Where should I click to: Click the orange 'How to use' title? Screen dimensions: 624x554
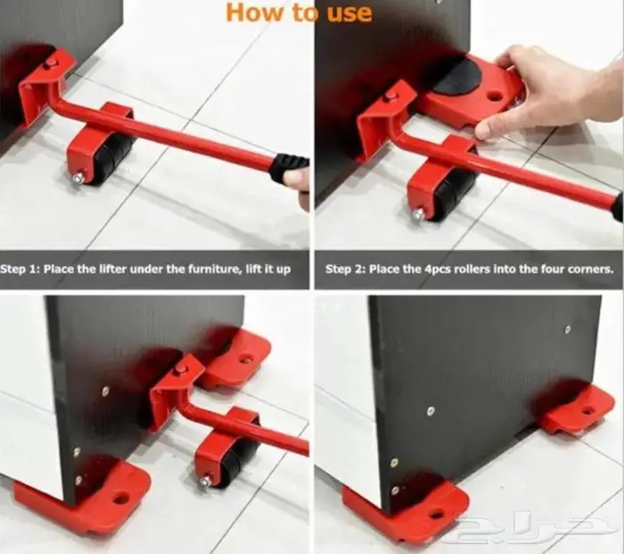point(299,12)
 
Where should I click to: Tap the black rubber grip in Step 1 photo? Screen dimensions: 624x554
point(289,169)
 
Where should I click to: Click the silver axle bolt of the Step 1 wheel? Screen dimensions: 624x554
point(78,178)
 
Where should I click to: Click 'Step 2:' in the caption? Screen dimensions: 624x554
point(345,269)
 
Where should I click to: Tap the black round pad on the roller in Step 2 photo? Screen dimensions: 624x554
point(457,78)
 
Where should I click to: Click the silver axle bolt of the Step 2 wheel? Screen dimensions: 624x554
point(419,214)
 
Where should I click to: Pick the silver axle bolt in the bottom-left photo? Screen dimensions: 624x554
point(206,482)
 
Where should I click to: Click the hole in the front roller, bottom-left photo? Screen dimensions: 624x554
point(120,498)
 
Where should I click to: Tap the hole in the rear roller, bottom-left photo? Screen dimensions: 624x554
point(245,360)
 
